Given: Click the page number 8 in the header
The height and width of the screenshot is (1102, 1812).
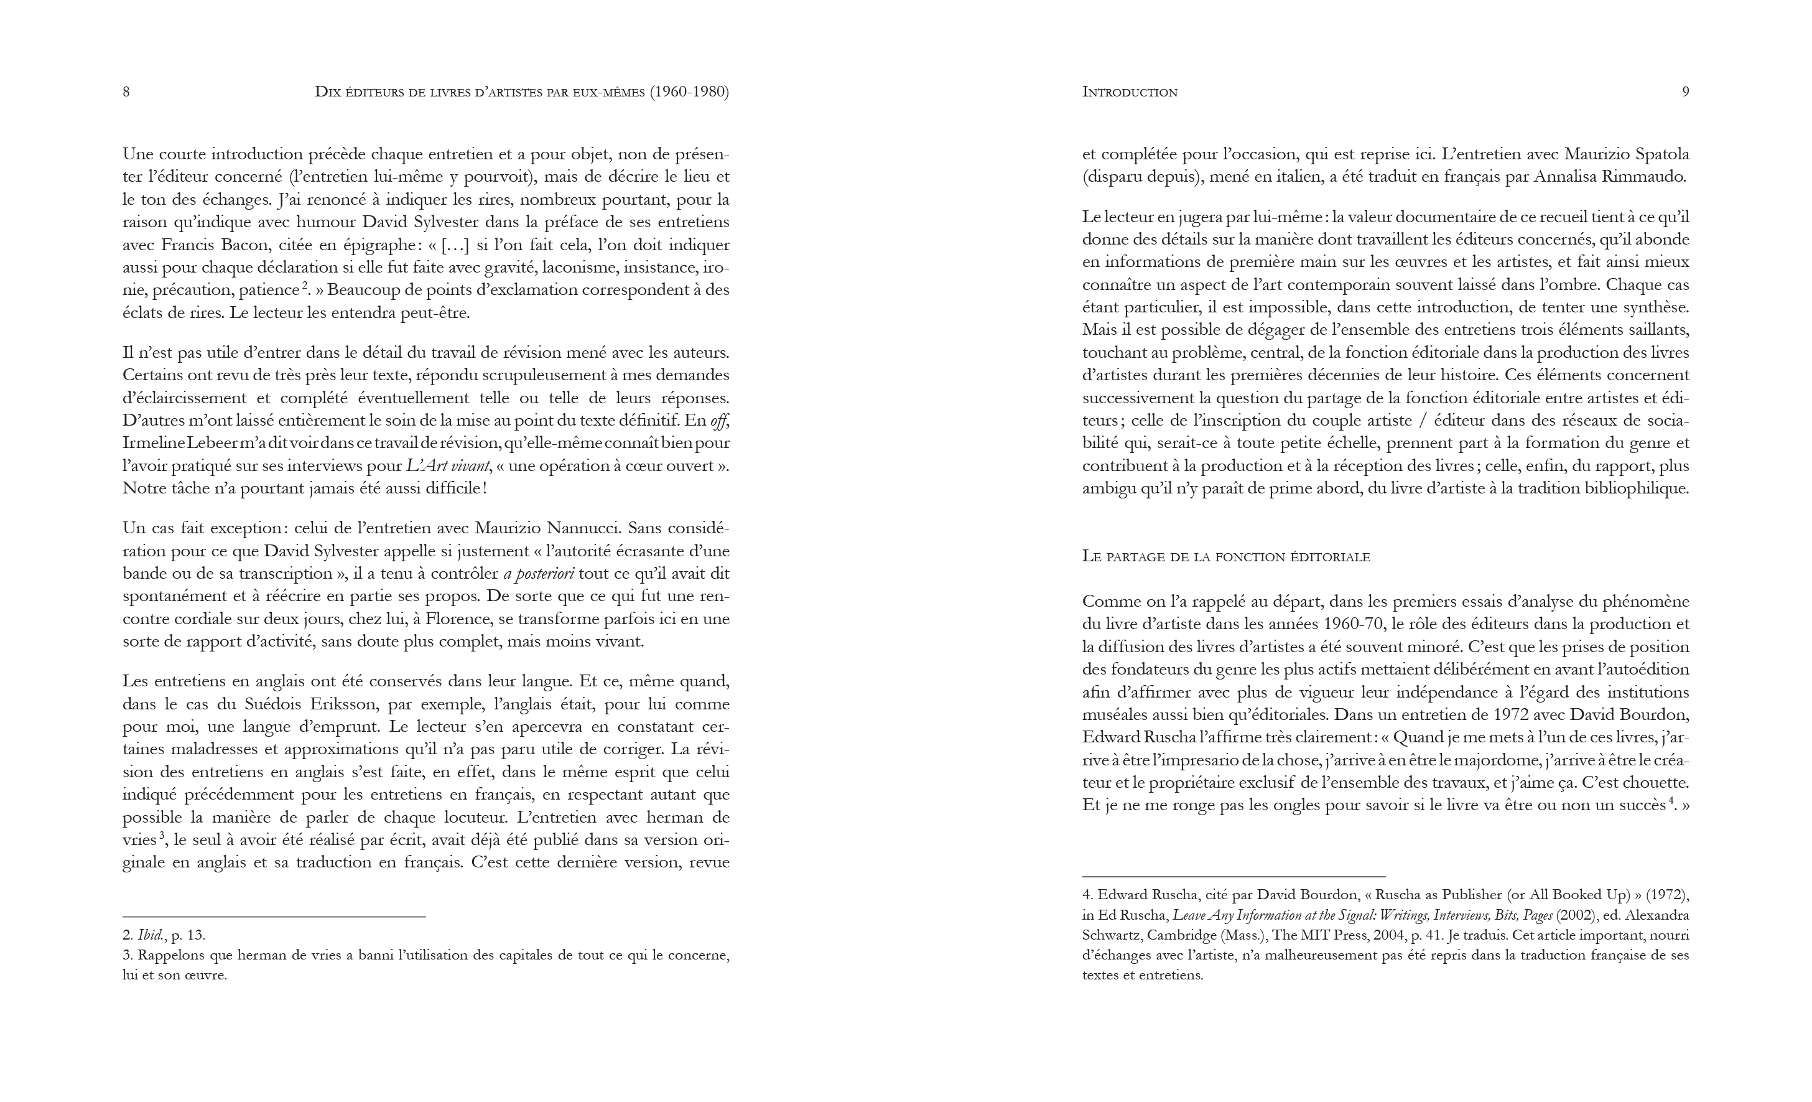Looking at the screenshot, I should coord(126,92).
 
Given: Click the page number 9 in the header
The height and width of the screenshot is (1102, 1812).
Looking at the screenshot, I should coord(1684,92).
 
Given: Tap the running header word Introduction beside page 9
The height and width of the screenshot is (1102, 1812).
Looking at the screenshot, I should coord(1130,92).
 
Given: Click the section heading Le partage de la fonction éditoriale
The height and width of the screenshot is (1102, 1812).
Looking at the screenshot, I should coord(1226,557).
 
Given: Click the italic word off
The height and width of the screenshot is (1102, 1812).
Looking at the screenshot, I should coord(718,421).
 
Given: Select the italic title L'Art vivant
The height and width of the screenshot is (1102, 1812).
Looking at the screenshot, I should coord(448,467).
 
